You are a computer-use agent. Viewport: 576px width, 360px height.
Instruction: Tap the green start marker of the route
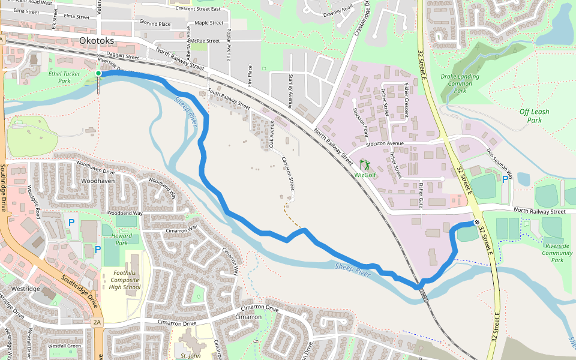point(98,73)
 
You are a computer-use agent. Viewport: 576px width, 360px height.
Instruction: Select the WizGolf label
point(365,175)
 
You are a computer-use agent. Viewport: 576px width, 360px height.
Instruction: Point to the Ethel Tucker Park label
point(64,77)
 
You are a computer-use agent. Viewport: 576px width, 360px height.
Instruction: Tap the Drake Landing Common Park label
point(460,83)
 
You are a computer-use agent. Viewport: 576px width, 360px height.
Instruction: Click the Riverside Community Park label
point(557,253)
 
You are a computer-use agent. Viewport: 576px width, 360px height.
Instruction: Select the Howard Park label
point(122,239)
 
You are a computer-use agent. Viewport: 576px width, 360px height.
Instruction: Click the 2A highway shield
point(97,322)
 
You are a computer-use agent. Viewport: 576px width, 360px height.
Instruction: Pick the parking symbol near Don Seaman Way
point(505,178)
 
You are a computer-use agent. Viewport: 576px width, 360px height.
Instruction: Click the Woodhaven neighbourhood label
point(97,180)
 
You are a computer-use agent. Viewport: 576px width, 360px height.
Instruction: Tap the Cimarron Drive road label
point(178,322)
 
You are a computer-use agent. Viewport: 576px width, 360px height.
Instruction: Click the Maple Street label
point(209,23)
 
